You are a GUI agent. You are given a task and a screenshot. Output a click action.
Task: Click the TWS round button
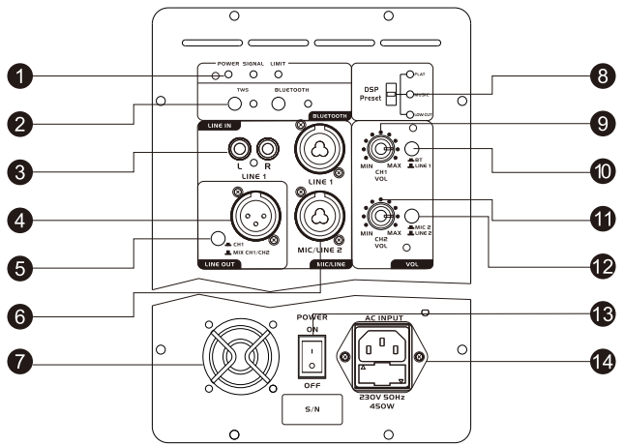point(235,104)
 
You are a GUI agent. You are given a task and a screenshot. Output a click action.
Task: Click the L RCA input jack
point(236,149)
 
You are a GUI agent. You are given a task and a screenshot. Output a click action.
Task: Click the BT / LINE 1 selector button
point(413,149)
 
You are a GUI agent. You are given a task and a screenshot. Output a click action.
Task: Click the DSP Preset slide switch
point(391,94)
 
